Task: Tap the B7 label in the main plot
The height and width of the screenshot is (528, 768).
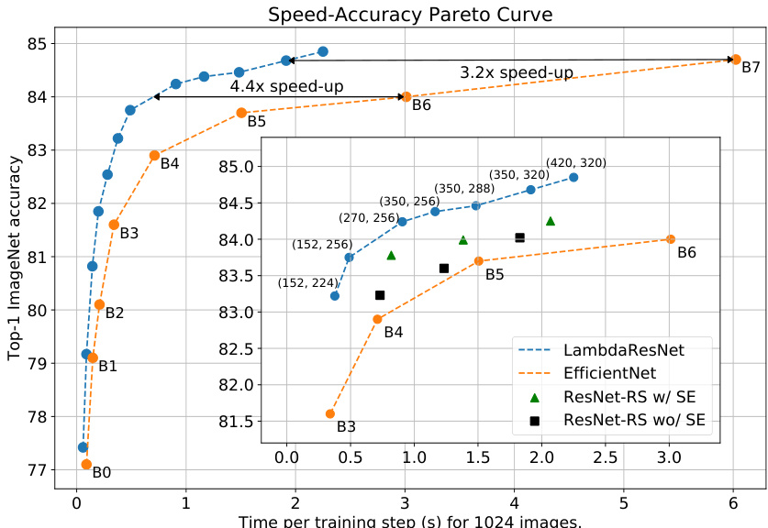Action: click(x=751, y=69)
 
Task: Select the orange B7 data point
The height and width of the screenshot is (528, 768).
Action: click(x=735, y=60)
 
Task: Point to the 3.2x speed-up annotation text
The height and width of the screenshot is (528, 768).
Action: click(x=517, y=71)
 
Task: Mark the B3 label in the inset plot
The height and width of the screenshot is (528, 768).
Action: click(x=346, y=426)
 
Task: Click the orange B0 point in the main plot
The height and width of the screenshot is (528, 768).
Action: click(x=86, y=465)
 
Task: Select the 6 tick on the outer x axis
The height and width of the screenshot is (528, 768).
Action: click(x=733, y=502)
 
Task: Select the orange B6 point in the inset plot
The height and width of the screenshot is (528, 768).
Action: click(x=670, y=239)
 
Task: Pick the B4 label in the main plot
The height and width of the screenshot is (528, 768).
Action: click(x=169, y=164)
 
